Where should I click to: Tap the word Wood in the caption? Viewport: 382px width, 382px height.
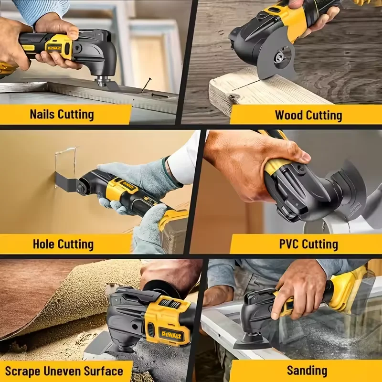(x=289, y=115)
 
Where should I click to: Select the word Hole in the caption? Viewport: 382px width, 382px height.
(x=44, y=244)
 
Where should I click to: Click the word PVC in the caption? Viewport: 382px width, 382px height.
(x=290, y=244)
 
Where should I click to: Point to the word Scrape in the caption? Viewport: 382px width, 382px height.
(x=25, y=371)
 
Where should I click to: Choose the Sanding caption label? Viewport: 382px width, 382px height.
(x=307, y=371)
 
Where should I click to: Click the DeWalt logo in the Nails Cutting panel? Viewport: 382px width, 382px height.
(x=53, y=47)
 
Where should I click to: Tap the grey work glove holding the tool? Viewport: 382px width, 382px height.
(x=138, y=177)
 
